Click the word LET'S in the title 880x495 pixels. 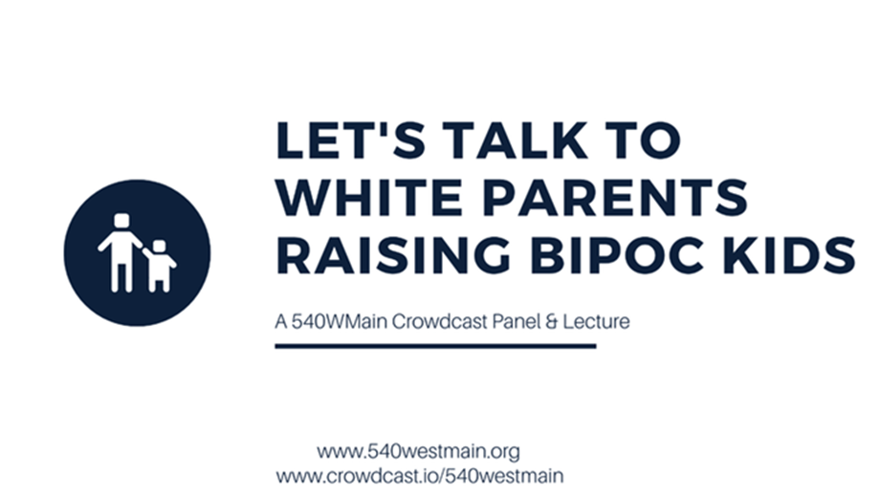click(x=351, y=140)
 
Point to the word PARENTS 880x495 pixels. click(x=615, y=197)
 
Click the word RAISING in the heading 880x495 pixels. click(x=393, y=255)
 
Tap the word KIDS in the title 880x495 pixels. click(x=789, y=255)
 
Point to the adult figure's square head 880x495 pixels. click(x=121, y=221)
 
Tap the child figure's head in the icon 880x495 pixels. click(x=160, y=247)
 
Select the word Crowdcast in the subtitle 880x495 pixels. click(x=439, y=322)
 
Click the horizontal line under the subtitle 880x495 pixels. click(x=435, y=347)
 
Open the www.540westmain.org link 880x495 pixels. click(x=418, y=451)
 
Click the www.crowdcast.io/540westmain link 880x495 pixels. click(x=420, y=476)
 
